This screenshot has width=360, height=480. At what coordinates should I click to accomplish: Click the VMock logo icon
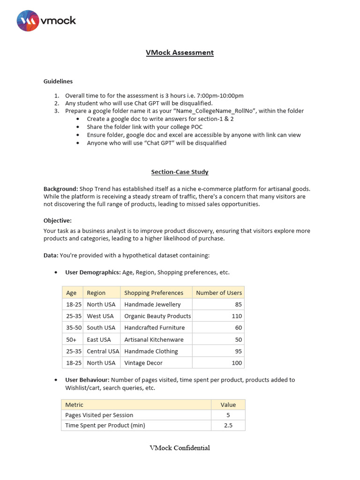click(28, 21)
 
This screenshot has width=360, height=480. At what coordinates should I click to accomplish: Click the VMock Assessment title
click(180, 52)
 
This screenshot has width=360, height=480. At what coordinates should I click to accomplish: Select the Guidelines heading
click(58, 81)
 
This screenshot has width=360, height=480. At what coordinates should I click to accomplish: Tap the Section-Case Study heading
click(180, 172)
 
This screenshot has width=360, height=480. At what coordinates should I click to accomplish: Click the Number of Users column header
click(219, 292)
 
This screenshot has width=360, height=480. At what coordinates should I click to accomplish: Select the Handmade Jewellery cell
click(152, 304)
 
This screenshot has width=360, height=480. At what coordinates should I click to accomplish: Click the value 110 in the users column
click(237, 316)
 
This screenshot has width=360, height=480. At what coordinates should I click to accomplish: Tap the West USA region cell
click(100, 316)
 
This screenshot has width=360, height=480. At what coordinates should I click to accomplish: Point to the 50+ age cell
click(71, 339)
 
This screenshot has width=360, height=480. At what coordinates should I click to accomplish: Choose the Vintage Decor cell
click(143, 363)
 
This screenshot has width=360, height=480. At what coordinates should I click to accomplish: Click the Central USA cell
click(103, 351)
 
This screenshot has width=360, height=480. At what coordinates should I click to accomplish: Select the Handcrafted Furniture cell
click(154, 328)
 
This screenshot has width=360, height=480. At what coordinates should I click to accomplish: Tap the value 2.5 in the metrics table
click(228, 425)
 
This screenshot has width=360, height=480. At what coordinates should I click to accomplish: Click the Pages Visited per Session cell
click(99, 415)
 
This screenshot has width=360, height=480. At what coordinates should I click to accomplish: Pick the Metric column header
click(74, 405)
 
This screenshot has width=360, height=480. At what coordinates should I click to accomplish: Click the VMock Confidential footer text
click(180, 448)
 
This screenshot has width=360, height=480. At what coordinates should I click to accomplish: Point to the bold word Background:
click(61, 188)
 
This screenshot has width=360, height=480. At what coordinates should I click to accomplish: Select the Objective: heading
click(57, 220)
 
